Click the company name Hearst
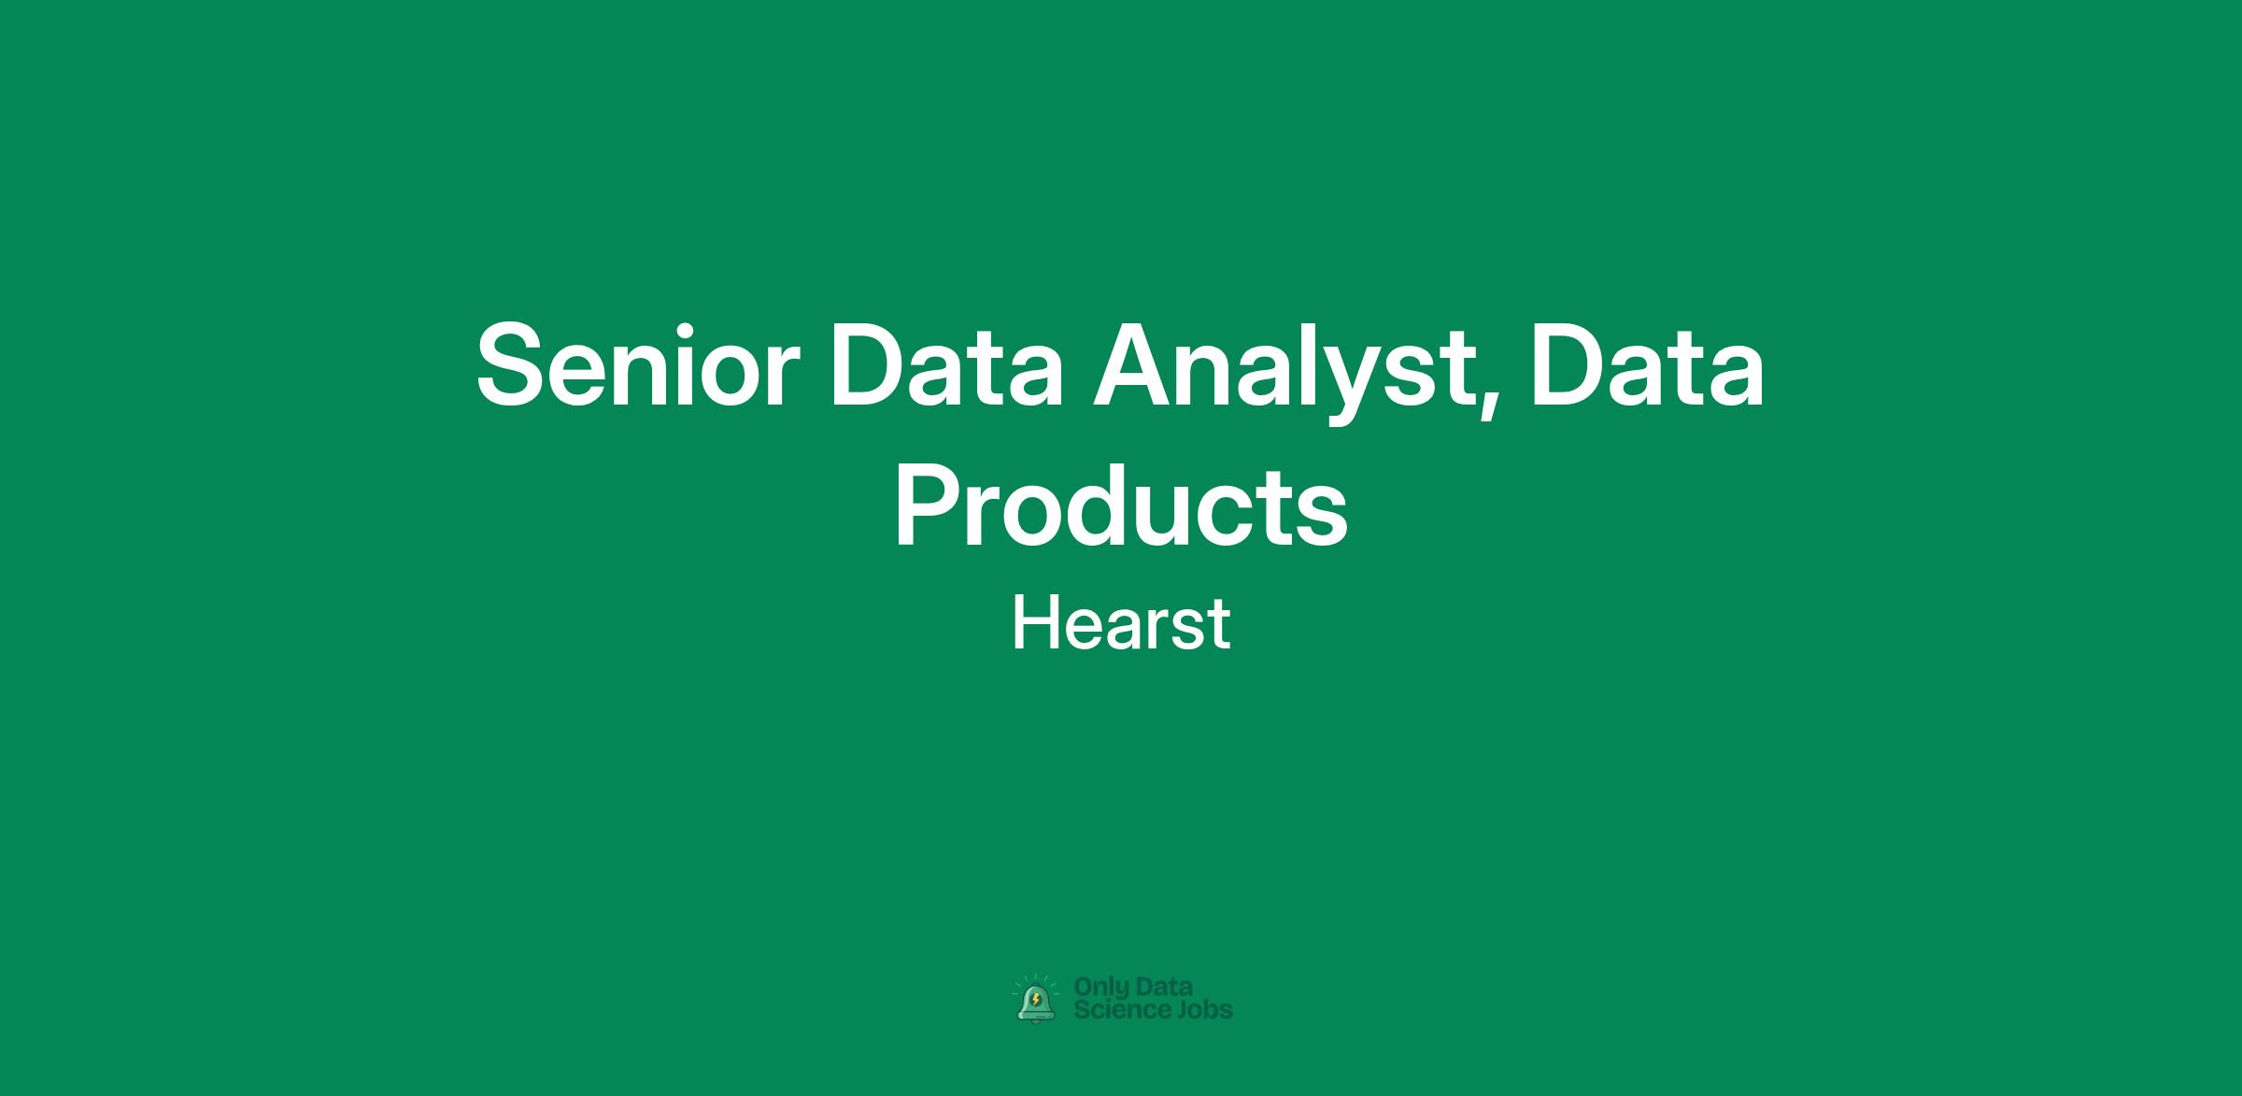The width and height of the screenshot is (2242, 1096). (1121, 624)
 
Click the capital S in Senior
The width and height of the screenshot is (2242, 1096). (512, 365)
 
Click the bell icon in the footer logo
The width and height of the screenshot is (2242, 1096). (1036, 1002)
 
